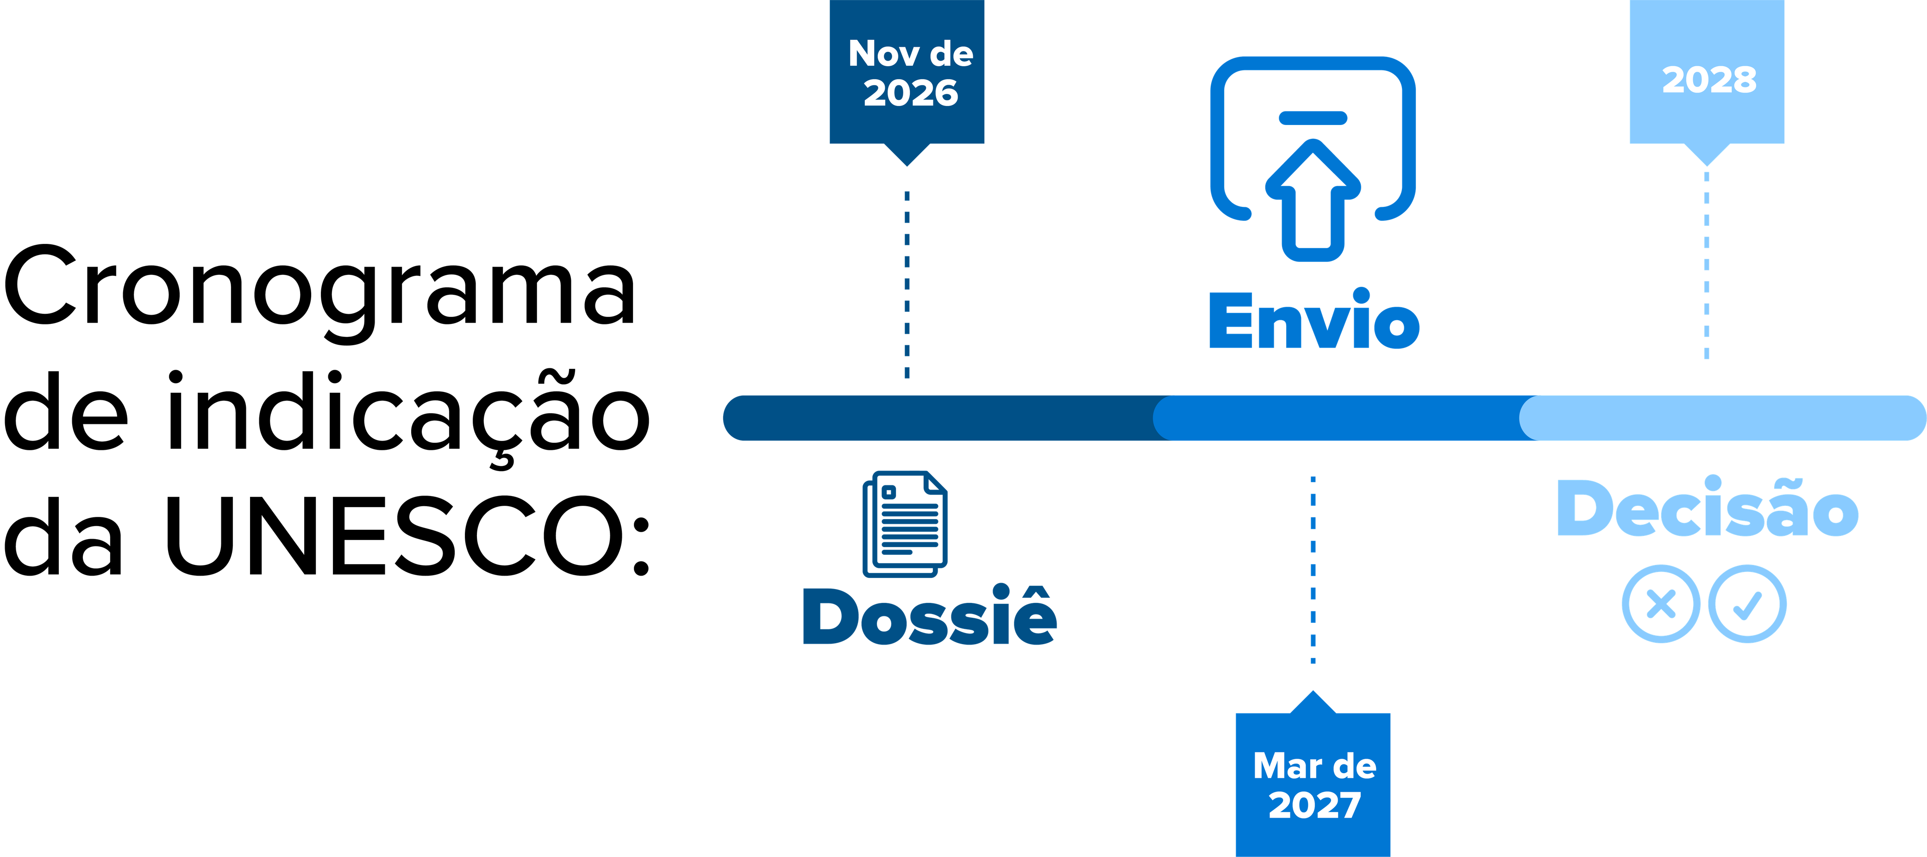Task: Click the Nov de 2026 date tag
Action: click(907, 75)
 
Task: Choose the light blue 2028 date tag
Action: click(1707, 75)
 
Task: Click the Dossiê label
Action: click(930, 615)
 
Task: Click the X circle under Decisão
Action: click(1661, 603)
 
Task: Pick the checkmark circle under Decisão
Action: click(1747, 603)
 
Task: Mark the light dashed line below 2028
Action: click(1706, 266)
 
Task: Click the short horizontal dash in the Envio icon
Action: click(1313, 118)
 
